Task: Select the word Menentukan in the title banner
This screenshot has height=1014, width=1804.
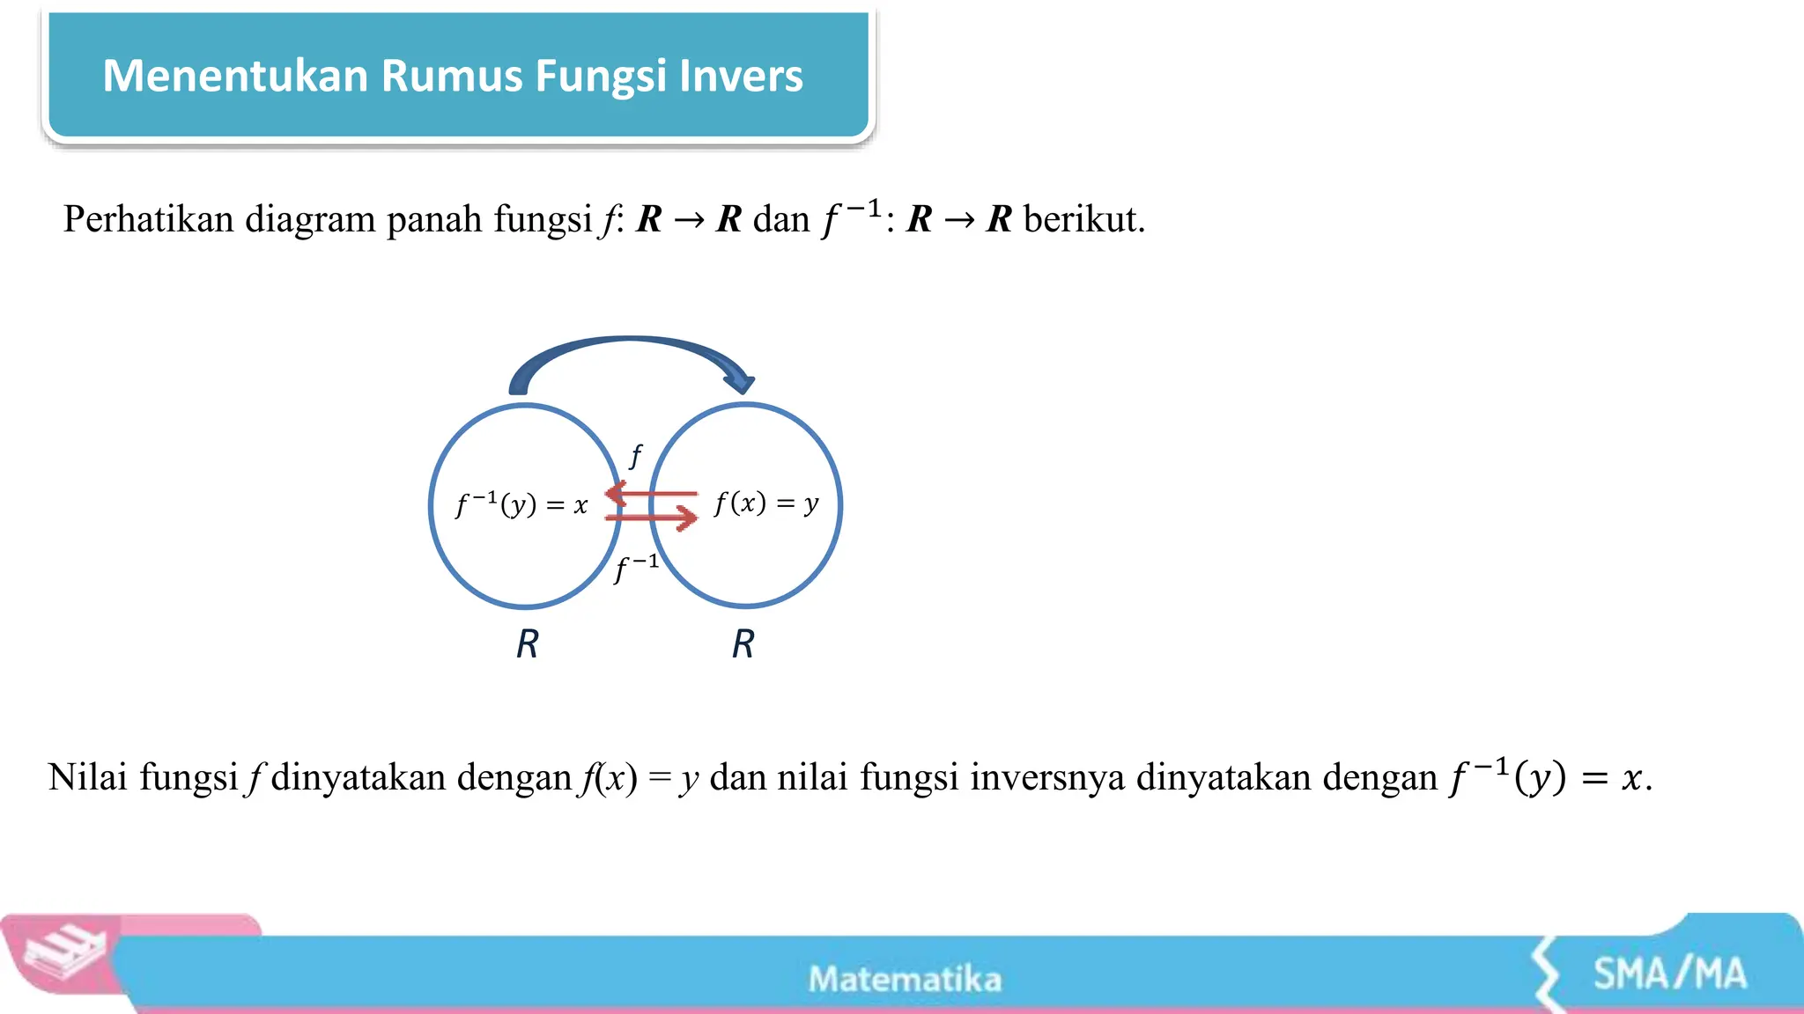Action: pos(235,76)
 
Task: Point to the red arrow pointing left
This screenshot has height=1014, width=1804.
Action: pos(652,493)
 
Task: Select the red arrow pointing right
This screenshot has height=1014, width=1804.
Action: pos(652,517)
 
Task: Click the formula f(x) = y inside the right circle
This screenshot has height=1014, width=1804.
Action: pos(766,503)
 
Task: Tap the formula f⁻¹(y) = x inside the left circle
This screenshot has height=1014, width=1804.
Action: pos(521,504)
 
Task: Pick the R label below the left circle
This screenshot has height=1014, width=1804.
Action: pos(527,644)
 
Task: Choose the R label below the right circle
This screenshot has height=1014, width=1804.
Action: pos(743,644)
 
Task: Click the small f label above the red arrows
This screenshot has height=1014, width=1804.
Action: pos(635,456)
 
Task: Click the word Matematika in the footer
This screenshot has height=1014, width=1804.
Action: pos(905,979)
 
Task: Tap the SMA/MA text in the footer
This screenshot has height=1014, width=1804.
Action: pos(1669,974)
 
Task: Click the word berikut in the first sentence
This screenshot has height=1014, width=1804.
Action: pos(1083,219)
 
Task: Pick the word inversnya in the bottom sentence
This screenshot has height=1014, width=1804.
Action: pos(1047,777)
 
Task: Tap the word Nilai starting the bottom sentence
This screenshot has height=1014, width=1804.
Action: pos(87,777)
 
